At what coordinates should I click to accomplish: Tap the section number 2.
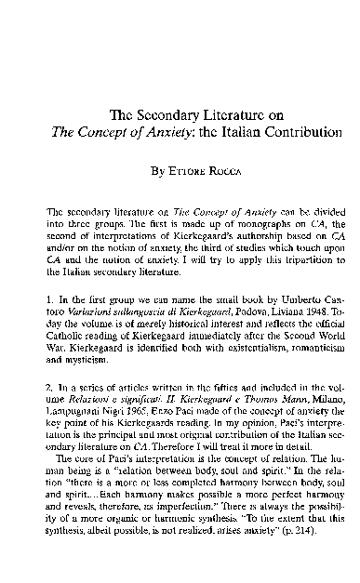[47, 385]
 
